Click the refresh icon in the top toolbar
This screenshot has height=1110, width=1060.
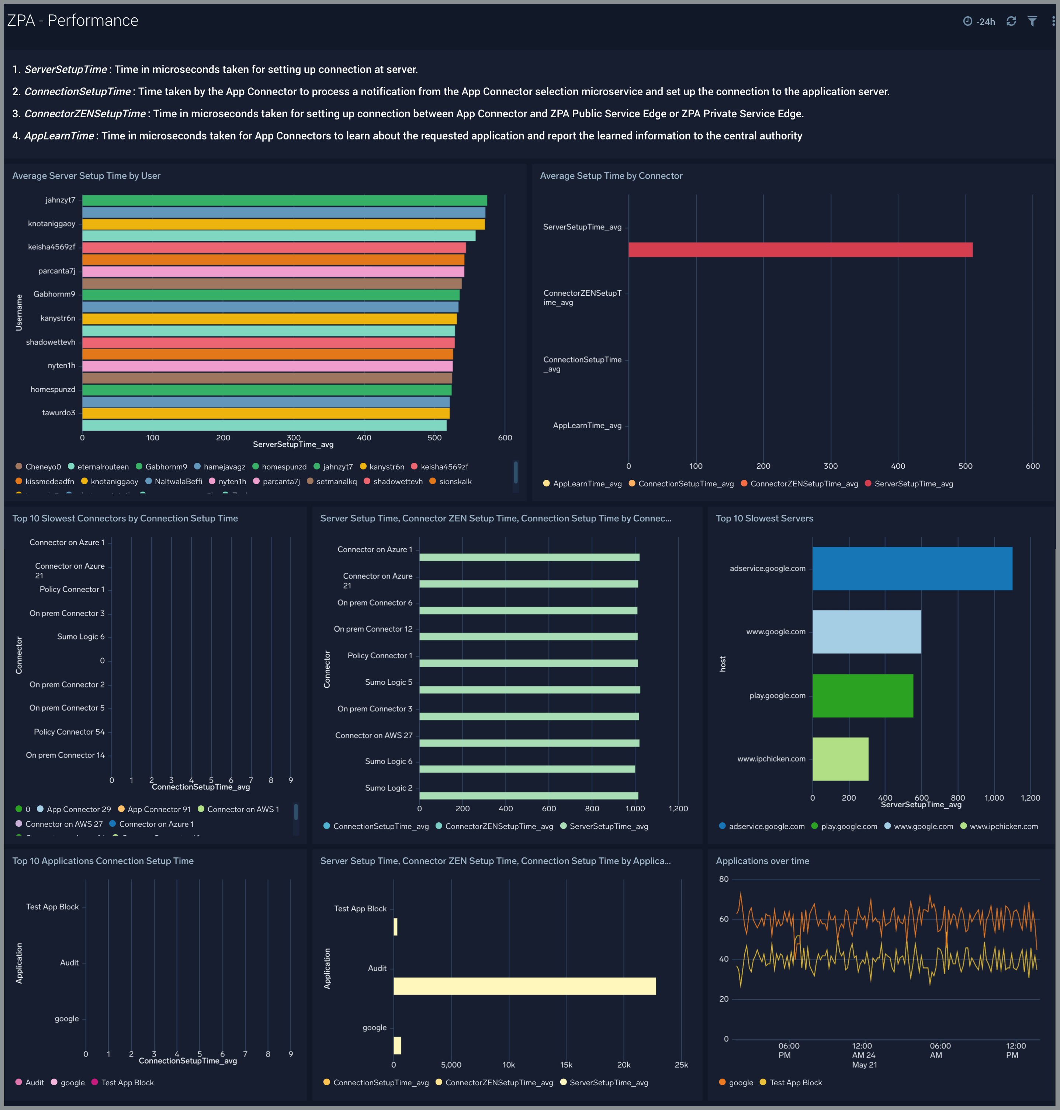tap(1011, 21)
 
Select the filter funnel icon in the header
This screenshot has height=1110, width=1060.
tap(1032, 21)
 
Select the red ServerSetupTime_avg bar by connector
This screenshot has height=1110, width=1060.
tap(800, 250)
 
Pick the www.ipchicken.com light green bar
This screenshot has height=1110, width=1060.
tap(840, 759)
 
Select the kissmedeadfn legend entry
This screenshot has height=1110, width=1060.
tap(49, 481)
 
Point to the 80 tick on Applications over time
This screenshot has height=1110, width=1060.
tap(723, 879)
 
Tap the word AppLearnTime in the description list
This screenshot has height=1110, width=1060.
tap(59, 136)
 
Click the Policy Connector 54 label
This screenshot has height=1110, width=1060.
tap(69, 732)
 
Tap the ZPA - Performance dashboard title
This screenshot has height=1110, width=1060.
tap(73, 20)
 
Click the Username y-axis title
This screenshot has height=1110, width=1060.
tap(19, 312)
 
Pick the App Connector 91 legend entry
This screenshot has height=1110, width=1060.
tap(158, 809)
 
